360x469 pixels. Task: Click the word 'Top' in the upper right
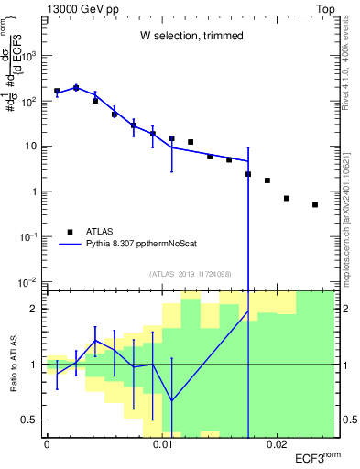324,7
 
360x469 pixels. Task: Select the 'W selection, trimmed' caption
191,36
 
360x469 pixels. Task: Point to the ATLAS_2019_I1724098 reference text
191,273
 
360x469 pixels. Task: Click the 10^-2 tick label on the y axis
28,281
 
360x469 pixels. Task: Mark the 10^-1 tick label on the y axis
28,236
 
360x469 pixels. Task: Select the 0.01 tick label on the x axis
162,443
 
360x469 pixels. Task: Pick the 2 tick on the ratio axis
34,309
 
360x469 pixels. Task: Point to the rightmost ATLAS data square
315,204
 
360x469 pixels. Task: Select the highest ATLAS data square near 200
76,88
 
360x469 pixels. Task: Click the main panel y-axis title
12,82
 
